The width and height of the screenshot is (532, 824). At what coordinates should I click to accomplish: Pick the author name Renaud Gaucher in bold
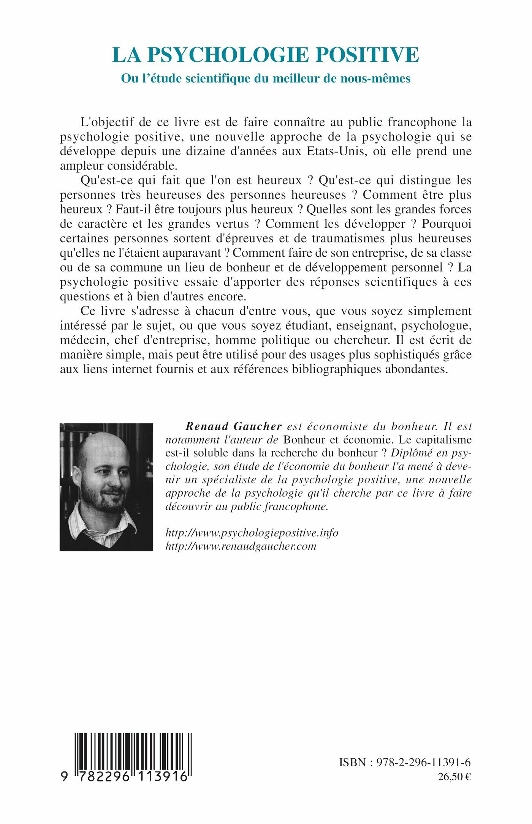pos(233,426)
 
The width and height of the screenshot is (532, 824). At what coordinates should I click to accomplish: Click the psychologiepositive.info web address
pos(252,533)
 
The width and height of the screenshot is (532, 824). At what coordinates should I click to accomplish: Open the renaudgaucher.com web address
pos(241,546)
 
